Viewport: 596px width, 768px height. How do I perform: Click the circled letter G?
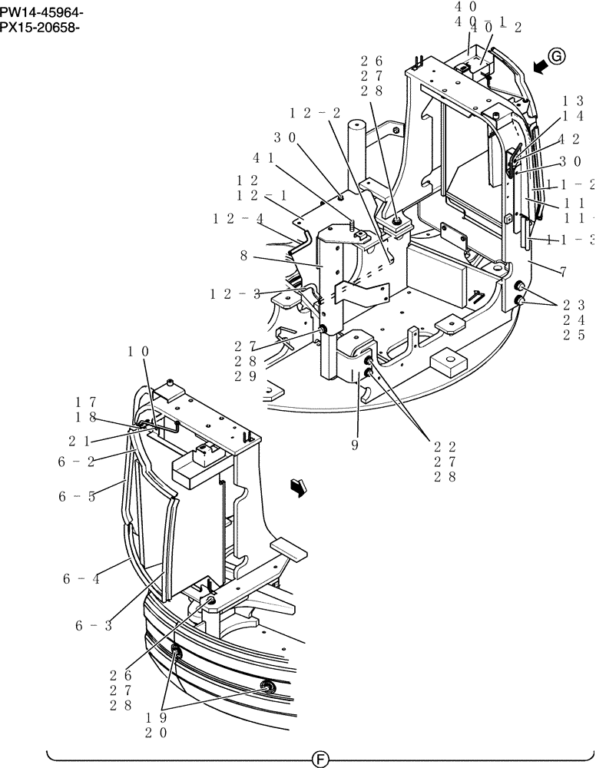(x=557, y=55)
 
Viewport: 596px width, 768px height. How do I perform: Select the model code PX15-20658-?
(x=41, y=28)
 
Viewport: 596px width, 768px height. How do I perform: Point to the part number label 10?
(x=138, y=352)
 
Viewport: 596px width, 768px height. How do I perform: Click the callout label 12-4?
(x=239, y=219)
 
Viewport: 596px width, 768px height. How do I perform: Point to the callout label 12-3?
(x=235, y=293)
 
